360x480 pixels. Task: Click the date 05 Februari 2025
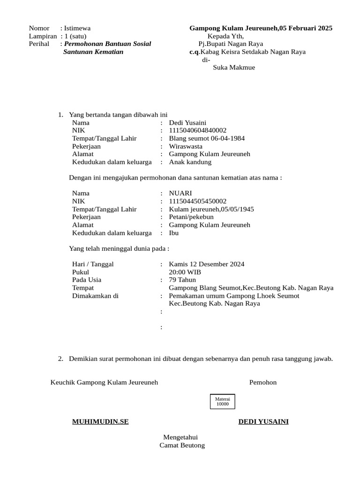pos(306,28)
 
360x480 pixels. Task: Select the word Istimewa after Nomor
pos(77,28)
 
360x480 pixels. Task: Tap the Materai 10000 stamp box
pos(222,402)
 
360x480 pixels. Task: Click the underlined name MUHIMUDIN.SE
pos(100,421)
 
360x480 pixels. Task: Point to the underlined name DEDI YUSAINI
pos(263,421)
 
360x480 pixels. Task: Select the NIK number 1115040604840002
pos(197,130)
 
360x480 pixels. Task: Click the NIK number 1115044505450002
pos(197,201)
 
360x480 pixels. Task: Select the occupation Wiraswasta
pos(186,146)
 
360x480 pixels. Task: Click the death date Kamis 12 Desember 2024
pos(206,264)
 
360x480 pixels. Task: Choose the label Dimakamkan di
pos(95,296)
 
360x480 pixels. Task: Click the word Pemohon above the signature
pos(263,382)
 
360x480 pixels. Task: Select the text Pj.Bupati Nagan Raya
pos(231,44)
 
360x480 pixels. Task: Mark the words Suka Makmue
pos(234,67)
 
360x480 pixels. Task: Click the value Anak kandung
pos(190,162)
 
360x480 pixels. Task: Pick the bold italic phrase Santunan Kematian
pos(93,52)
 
